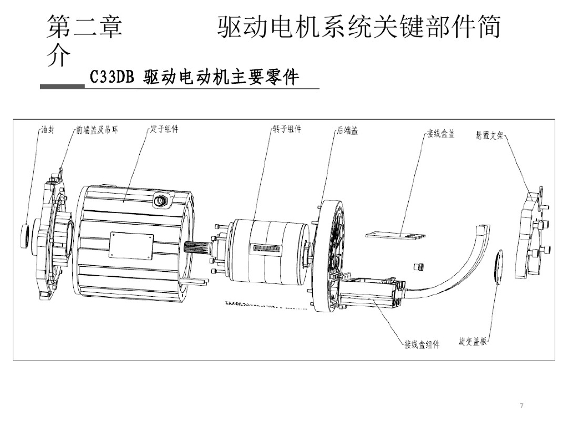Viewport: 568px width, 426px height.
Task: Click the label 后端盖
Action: (347, 131)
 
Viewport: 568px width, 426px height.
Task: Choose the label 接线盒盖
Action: (440, 134)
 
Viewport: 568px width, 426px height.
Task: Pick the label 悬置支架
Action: (489, 135)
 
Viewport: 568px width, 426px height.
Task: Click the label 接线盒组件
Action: (422, 345)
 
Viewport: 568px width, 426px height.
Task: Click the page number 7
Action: (521, 407)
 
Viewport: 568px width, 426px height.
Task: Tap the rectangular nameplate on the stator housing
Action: (131, 245)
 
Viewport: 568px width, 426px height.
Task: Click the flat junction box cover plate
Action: (396, 236)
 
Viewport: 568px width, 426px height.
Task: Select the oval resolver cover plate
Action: (498, 267)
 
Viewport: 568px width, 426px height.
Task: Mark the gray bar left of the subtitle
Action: (62, 87)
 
